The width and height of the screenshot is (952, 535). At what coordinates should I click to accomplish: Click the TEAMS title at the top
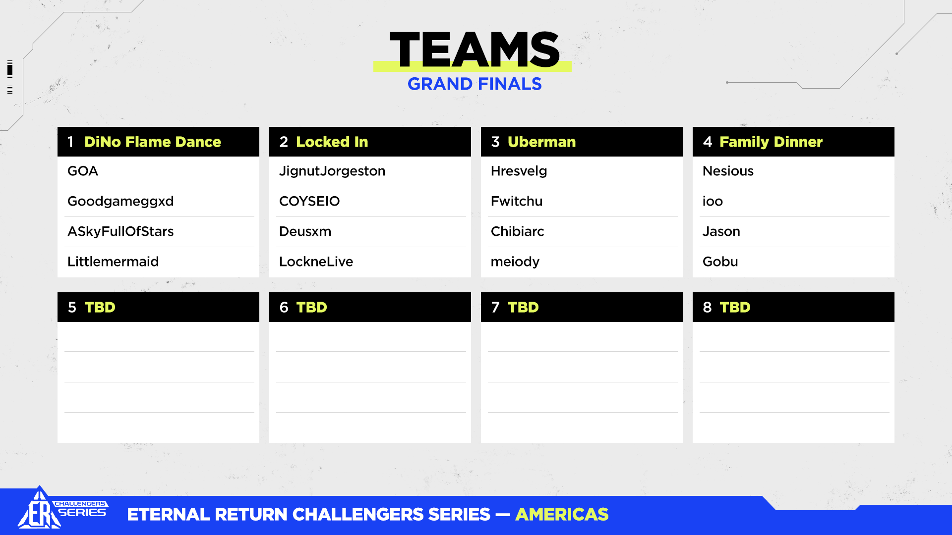pyautogui.click(x=475, y=50)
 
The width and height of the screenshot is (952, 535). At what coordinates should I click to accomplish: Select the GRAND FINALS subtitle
pyautogui.click(x=475, y=84)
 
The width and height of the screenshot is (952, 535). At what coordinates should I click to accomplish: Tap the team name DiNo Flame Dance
pyautogui.click(x=153, y=142)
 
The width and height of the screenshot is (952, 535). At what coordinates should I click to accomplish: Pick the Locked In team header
pyautogui.click(x=332, y=142)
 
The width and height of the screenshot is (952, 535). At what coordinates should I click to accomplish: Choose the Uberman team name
pyautogui.click(x=542, y=142)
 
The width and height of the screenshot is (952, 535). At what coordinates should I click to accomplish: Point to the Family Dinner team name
pyautogui.click(x=771, y=142)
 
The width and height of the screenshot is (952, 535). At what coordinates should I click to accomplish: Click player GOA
pyautogui.click(x=83, y=171)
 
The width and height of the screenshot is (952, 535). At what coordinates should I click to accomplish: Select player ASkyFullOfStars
pyautogui.click(x=120, y=232)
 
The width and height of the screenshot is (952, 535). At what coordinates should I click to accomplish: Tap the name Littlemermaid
pyautogui.click(x=113, y=262)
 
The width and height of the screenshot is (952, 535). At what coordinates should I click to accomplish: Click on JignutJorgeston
pyautogui.click(x=332, y=171)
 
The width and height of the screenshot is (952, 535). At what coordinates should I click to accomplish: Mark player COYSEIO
pyautogui.click(x=309, y=201)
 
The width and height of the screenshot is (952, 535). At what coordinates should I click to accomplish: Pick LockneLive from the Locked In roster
pyautogui.click(x=316, y=262)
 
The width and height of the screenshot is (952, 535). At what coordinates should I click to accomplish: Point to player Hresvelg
pyautogui.click(x=519, y=171)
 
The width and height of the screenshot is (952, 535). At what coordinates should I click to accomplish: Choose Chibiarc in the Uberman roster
pyautogui.click(x=518, y=231)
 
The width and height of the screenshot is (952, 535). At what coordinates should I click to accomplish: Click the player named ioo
pyautogui.click(x=713, y=201)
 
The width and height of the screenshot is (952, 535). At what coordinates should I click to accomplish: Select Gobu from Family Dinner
pyautogui.click(x=720, y=262)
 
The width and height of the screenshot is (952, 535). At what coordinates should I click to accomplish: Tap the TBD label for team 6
pyautogui.click(x=311, y=307)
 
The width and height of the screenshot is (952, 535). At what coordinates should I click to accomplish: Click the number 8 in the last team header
pyautogui.click(x=707, y=307)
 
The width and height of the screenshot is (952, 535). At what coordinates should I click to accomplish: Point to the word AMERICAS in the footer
pyautogui.click(x=562, y=515)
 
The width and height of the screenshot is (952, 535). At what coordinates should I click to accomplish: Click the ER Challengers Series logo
pyautogui.click(x=62, y=508)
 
